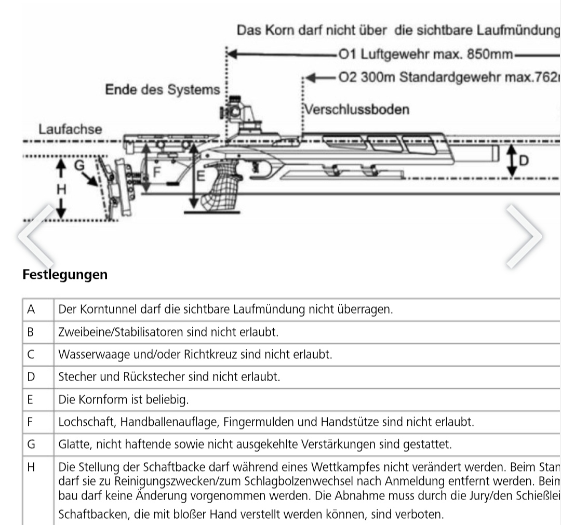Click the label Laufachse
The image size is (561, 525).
(x=70, y=129)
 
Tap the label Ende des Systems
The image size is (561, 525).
(x=163, y=90)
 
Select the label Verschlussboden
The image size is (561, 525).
(x=357, y=110)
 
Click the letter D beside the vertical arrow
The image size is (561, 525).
(x=524, y=161)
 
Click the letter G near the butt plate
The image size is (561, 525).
(x=79, y=165)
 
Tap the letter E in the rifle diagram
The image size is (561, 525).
(x=200, y=176)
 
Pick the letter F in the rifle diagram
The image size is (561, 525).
(x=155, y=172)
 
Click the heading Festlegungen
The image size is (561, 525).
(x=65, y=274)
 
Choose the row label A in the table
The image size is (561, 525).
(x=31, y=309)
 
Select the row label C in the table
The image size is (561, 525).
(x=31, y=355)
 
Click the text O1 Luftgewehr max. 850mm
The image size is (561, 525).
(x=425, y=54)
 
